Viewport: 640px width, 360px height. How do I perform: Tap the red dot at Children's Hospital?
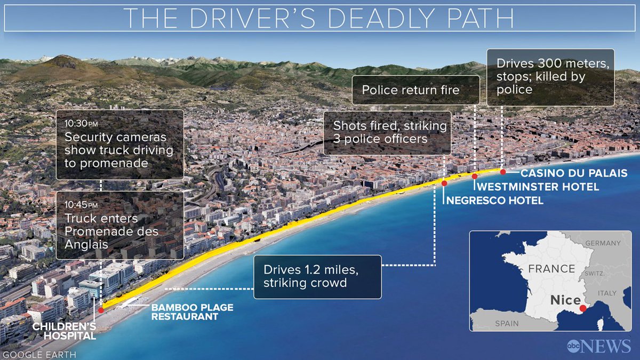click(x=101, y=309)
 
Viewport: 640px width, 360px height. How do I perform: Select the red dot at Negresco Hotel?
click(x=444, y=183)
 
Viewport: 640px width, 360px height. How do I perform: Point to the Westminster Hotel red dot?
click(x=474, y=175)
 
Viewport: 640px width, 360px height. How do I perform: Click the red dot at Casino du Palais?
click(x=502, y=171)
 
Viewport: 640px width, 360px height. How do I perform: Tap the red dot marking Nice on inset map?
click(x=582, y=308)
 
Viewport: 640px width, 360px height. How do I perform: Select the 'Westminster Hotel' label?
click(x=537, y=187)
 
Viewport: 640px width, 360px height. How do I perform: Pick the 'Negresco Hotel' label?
click(x=494, y=201)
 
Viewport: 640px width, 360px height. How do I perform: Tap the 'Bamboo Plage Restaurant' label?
click(x=185, y=312)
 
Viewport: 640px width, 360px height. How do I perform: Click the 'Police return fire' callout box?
click(x=410, y=90)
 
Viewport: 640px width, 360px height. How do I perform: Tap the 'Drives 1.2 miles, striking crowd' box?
click(x=317, y=276)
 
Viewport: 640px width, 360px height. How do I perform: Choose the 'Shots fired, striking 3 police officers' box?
click(x=387, y=133)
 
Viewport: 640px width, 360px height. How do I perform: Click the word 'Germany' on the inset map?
click(x=603, y=243)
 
